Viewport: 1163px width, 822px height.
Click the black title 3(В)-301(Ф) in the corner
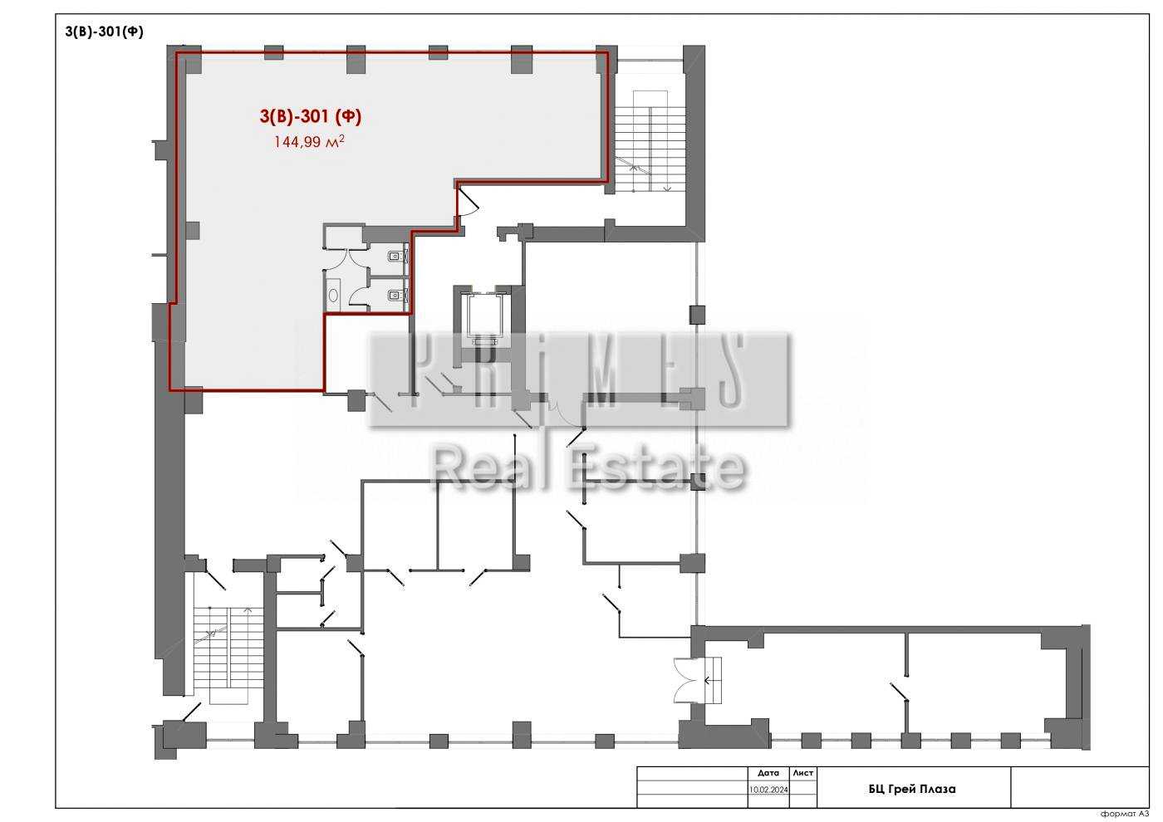[x=104, y=32]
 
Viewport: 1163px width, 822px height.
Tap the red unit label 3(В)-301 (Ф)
[x=311, y=116]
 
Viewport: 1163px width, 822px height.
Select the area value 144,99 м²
[x=309, y=141]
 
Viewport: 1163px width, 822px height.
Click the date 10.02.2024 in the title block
[x=768, y=790]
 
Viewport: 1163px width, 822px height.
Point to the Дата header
[x=768, y=773]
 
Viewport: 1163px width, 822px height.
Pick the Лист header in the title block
[x=802, y=773]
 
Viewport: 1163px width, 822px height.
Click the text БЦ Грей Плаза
[x=912, y=790]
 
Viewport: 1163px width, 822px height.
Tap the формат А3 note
[x=1125, y=814]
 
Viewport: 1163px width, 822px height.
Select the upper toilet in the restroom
[x=397, y=256]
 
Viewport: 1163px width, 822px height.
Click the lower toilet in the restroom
[x=397, y=296]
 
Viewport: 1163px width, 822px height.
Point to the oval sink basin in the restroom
[x=333, y=295]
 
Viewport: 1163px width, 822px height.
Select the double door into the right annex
[x=689, y=680]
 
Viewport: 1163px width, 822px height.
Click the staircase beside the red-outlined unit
[x=650, y=141]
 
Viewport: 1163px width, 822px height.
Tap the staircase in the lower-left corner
[x=228, y=655]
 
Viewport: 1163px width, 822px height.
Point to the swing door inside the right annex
[x=899, y=692]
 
